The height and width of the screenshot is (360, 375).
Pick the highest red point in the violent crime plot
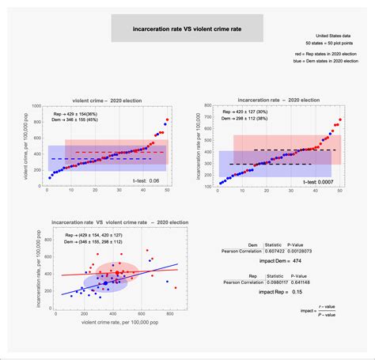coord(167,120)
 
